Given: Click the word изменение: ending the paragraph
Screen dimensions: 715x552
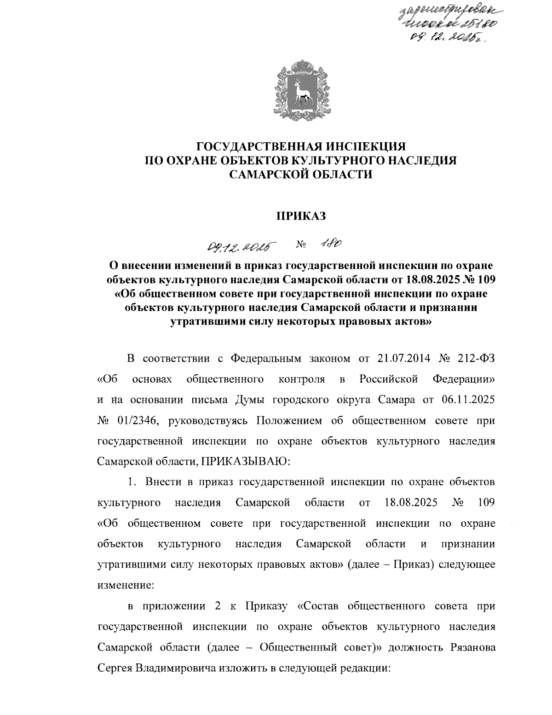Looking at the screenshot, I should (126, 586).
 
